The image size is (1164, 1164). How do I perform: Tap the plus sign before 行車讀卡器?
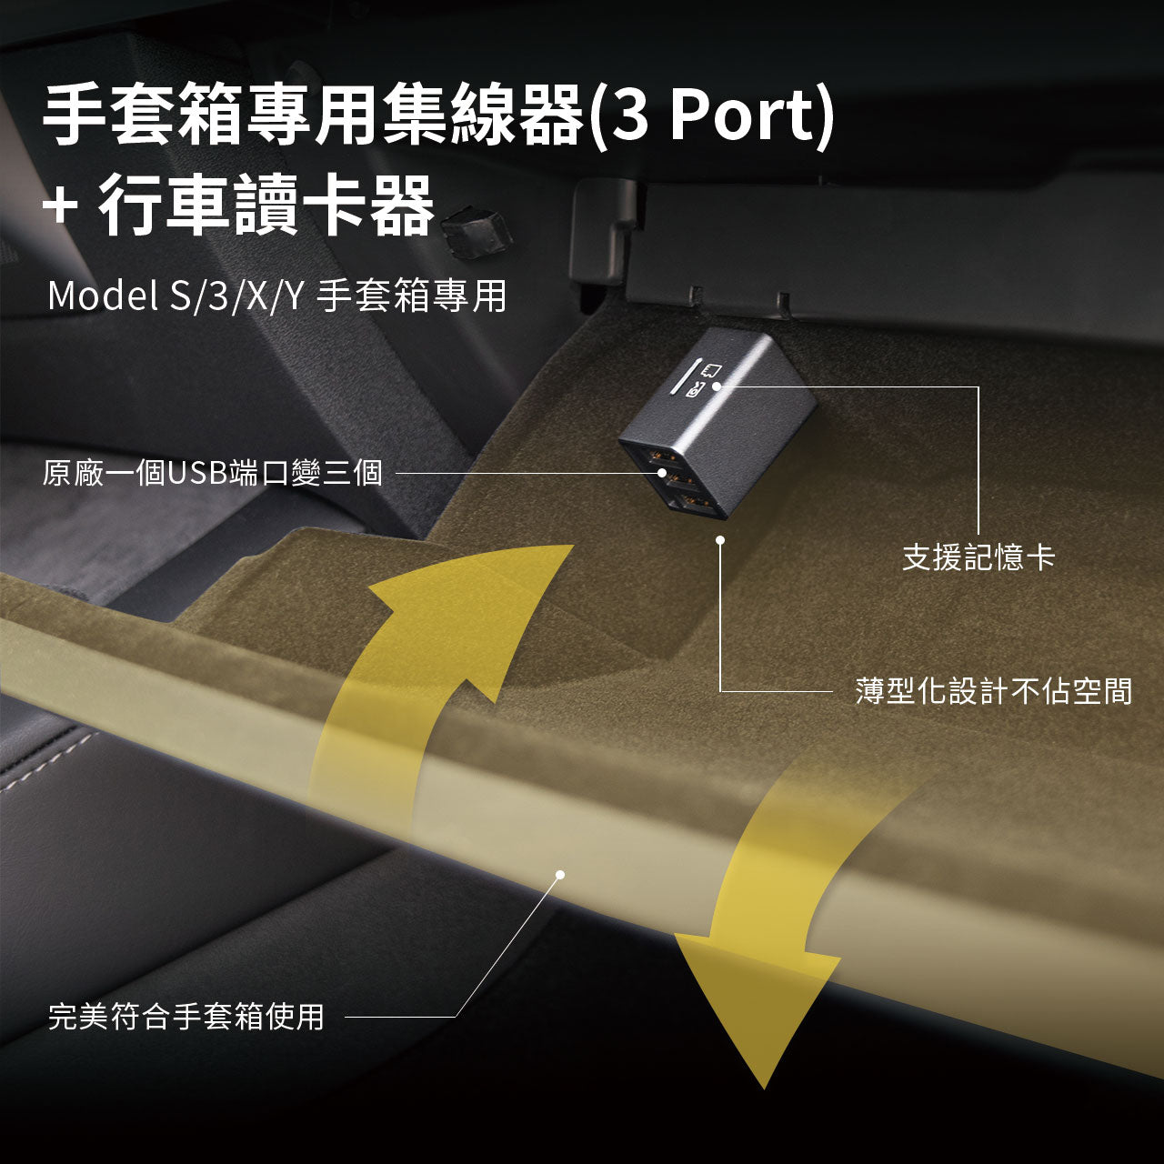[x=60, y=205]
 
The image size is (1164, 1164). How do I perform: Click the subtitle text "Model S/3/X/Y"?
[x=175, y=296]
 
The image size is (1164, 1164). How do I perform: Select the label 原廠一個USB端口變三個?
[x=212, y=472]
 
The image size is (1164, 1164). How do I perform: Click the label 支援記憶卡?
[x=978, y=557]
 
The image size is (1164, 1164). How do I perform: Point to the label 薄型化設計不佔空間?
[x=994, y=691]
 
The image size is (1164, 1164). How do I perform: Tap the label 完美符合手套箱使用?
[x=186, y=1016]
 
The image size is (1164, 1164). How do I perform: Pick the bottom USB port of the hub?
[x=695, y=501]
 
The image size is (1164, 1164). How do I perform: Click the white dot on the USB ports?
[x=663, y=472]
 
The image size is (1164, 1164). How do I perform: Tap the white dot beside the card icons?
[x=716, y=386]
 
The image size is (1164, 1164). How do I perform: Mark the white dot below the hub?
[x=720, y=540]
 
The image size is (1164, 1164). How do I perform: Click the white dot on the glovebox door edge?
[x=560, y=874]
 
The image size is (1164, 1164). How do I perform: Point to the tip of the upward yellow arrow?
[x=573, y=546]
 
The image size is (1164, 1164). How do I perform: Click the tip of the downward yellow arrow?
[x=764, y=1088]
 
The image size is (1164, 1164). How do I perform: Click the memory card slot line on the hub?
[x=684, y=376]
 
